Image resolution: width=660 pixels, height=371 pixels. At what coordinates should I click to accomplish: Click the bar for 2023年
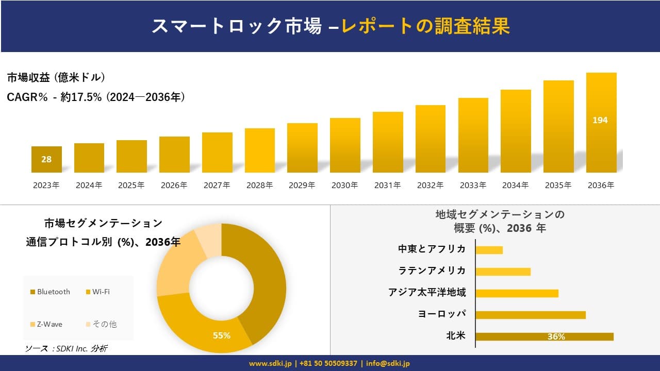46,159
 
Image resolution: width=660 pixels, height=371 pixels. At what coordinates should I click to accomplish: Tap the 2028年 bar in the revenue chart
259,150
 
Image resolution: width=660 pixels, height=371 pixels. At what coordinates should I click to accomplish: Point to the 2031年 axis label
387,185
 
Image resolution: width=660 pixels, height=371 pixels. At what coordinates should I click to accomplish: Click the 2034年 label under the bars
515,185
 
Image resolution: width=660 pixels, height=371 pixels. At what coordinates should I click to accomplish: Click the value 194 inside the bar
600,120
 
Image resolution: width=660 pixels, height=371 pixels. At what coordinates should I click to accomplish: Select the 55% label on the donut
222,335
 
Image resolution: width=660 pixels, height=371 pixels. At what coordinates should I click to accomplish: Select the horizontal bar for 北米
544,336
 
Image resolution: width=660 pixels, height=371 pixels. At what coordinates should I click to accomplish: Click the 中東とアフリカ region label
432,249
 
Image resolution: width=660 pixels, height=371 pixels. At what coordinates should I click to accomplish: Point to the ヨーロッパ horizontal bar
530,315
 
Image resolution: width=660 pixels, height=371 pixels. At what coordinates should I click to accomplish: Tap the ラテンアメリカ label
432,271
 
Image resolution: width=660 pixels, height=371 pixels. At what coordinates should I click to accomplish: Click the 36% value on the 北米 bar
556,337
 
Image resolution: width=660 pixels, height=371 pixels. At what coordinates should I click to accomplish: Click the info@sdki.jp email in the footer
388,363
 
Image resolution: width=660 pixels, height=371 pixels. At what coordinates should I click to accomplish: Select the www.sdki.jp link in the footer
270,363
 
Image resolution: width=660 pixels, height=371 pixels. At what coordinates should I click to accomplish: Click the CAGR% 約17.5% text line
96,97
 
